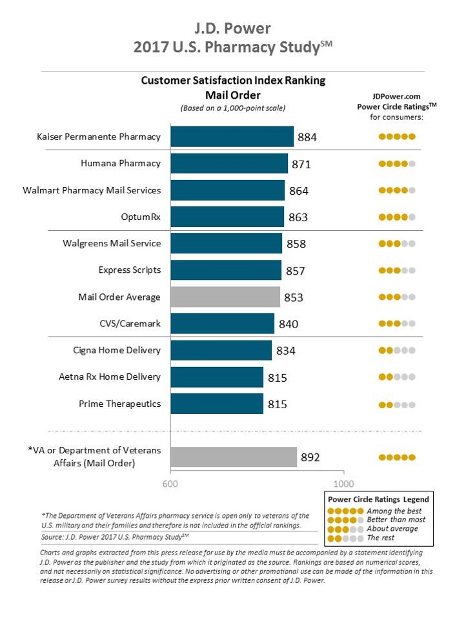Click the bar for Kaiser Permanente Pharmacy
coord(232,137)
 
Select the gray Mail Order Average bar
coord(225,297)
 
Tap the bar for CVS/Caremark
coord(222,324)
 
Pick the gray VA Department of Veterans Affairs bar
coord(233,457)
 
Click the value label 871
coord(301,164)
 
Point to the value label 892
coord(310,458)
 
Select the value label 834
coord(287,351)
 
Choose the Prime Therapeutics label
coord(119,404)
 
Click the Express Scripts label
coord(129,270)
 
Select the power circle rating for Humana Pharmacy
coord(396,164)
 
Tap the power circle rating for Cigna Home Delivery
coord(396,351)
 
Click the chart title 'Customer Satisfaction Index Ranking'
coord(233,81)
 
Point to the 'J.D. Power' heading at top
coord(233,28)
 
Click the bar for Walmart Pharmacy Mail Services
coord(227,190)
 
